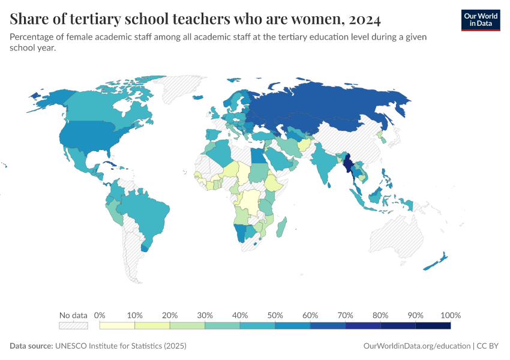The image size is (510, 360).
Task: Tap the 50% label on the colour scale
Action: click(275, 315)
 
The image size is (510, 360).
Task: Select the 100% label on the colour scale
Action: click(450, 315)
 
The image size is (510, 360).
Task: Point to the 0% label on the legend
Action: click(100, 315)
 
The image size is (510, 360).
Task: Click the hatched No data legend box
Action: click(73, 326)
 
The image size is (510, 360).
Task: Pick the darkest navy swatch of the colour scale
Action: click(433, 326)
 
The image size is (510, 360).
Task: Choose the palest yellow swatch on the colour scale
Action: click(117, 326)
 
